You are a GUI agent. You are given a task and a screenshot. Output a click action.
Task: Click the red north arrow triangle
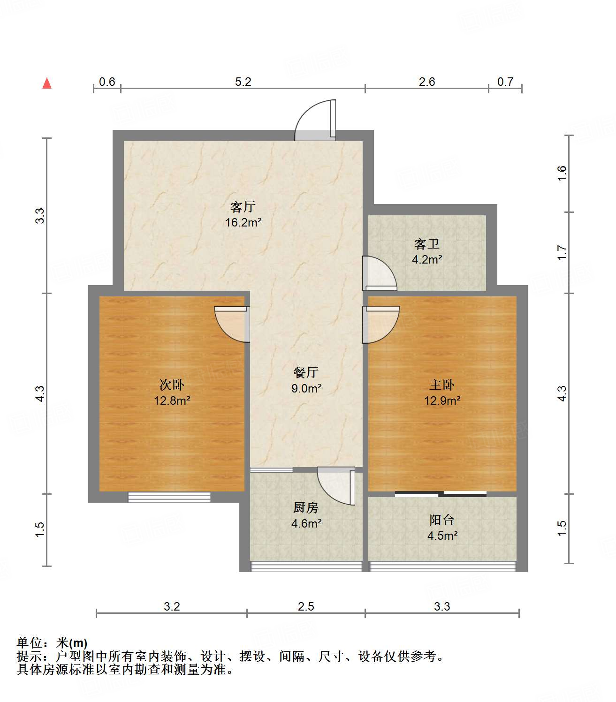click(x=47, y=83)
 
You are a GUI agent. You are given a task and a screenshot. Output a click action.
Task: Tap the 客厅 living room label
click(x=243, y=207)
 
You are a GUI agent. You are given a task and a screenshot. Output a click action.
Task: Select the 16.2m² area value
click(x=243, y=222)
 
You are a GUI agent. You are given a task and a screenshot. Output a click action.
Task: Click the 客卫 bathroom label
click(x=427, y=244)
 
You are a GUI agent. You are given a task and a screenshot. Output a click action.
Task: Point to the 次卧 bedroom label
click(x=172, y=385)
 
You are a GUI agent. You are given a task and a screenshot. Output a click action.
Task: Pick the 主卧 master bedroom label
click(x=442, y=385)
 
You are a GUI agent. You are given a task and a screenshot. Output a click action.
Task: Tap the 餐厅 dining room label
click(x=306, y=373)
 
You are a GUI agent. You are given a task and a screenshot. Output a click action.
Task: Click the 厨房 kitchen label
click(x=306, y=507)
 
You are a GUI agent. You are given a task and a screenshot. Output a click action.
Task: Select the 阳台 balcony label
click(x=442, y=520)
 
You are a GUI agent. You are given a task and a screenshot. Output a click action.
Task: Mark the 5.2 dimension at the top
click(x=243, y=82)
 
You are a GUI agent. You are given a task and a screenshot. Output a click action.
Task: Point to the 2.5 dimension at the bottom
click(x=306, y=607)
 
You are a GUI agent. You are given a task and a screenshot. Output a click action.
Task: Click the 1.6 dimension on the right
click(x=562, y=174)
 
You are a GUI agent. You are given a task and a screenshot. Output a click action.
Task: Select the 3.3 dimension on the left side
click(x=40, y=215)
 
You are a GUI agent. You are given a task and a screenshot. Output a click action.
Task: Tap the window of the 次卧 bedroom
click(x=169, y=497)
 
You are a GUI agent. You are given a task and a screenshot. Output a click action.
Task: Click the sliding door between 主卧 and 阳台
click(x=441, y=493)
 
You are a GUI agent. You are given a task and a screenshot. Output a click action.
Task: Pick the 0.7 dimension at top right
click(x=505, y=82)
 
